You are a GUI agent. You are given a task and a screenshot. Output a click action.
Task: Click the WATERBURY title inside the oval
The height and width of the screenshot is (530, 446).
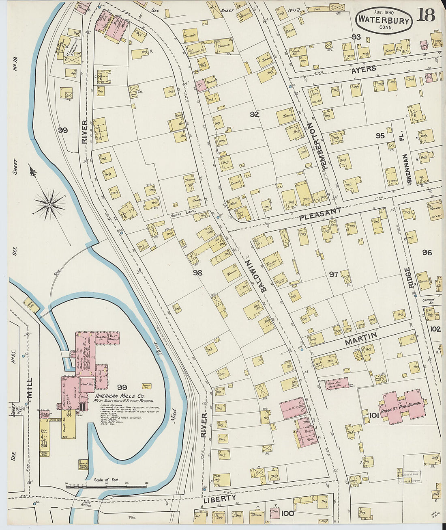point(384,19)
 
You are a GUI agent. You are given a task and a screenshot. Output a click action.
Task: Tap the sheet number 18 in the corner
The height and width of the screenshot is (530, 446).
point(425,15)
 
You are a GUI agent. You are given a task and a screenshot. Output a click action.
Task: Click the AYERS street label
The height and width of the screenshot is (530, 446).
point(364,69)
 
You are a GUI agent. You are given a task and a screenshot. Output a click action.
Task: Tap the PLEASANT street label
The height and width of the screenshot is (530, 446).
point(320,214)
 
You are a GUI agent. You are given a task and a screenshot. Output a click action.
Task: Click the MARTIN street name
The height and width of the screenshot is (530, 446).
point(361,339)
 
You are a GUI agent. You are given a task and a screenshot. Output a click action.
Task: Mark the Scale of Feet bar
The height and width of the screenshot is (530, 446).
point(106,486)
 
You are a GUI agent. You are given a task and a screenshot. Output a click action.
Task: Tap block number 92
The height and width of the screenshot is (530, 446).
point(254,115)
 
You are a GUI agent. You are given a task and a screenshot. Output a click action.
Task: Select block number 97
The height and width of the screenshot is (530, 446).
point(333,275)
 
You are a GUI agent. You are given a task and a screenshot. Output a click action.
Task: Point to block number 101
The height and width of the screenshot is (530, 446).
point(374,415)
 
